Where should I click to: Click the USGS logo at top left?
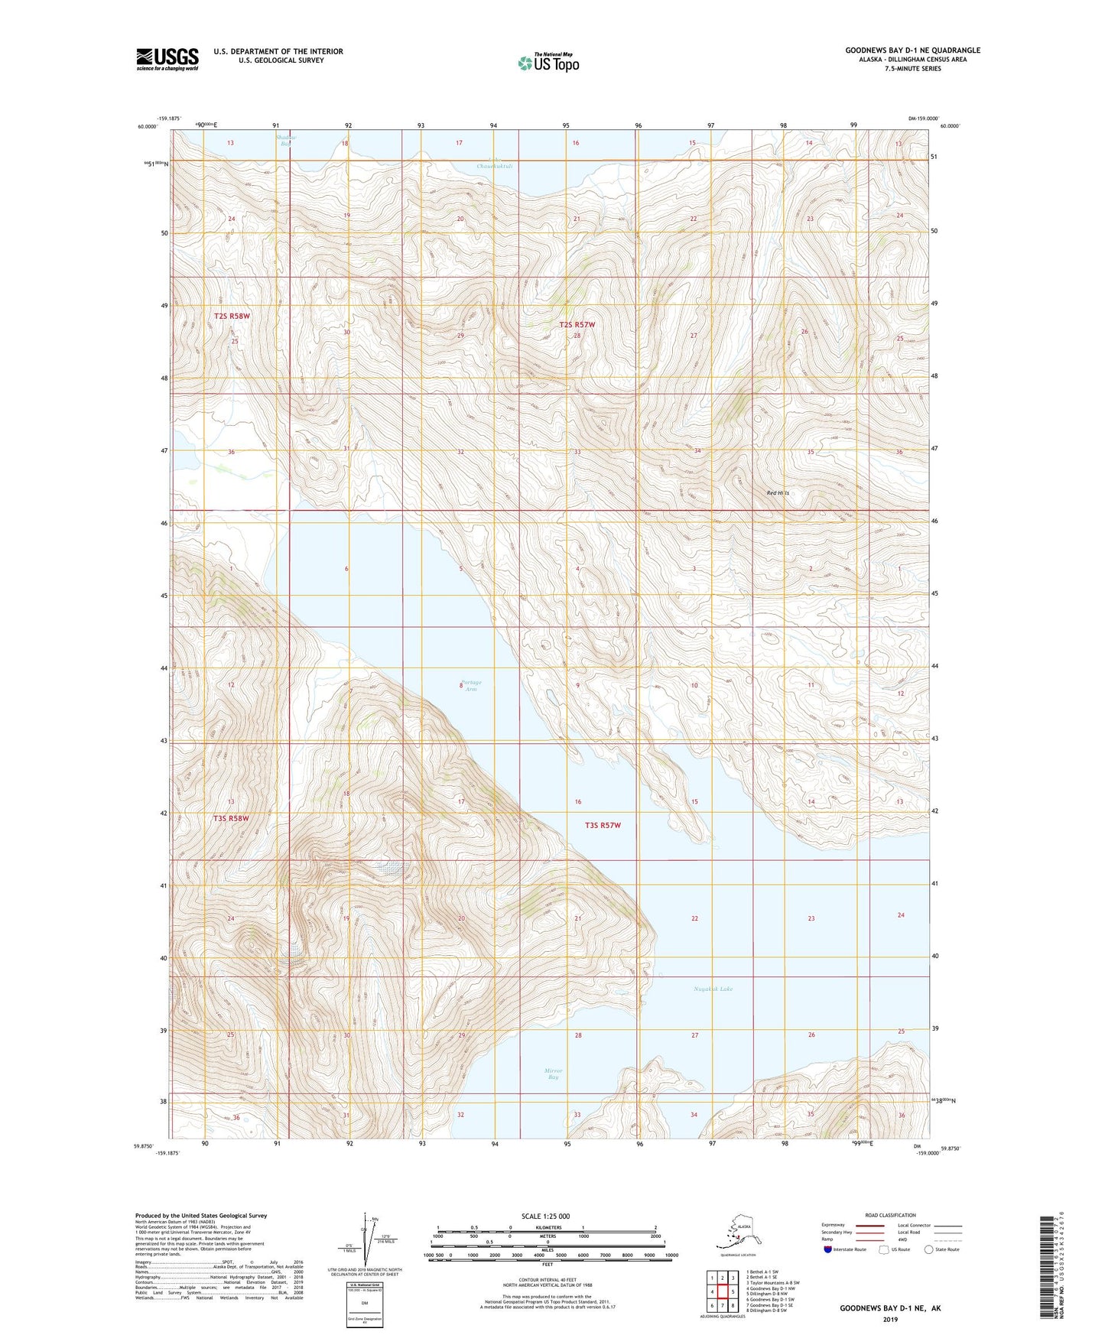(167, 59)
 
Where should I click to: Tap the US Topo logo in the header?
(548, 63)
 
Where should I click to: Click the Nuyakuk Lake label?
(713, 989)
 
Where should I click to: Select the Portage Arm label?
(471, 685)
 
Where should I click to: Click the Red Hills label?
(778, 493)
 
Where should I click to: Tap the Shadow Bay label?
(285, 140)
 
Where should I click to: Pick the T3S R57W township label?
(603, 825)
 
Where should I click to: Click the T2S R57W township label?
(577, 325)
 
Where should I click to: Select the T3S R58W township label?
(231, 818)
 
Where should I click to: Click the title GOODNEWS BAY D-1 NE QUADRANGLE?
(912, 50)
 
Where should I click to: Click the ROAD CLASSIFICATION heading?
(890, 1215)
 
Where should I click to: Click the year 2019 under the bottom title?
(890, 1319)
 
